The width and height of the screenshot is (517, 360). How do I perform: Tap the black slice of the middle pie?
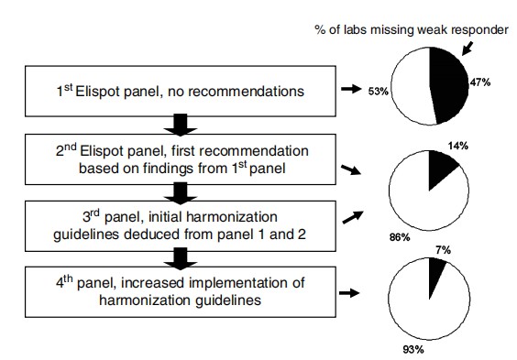pyautogui.click(x=443, y=169)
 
